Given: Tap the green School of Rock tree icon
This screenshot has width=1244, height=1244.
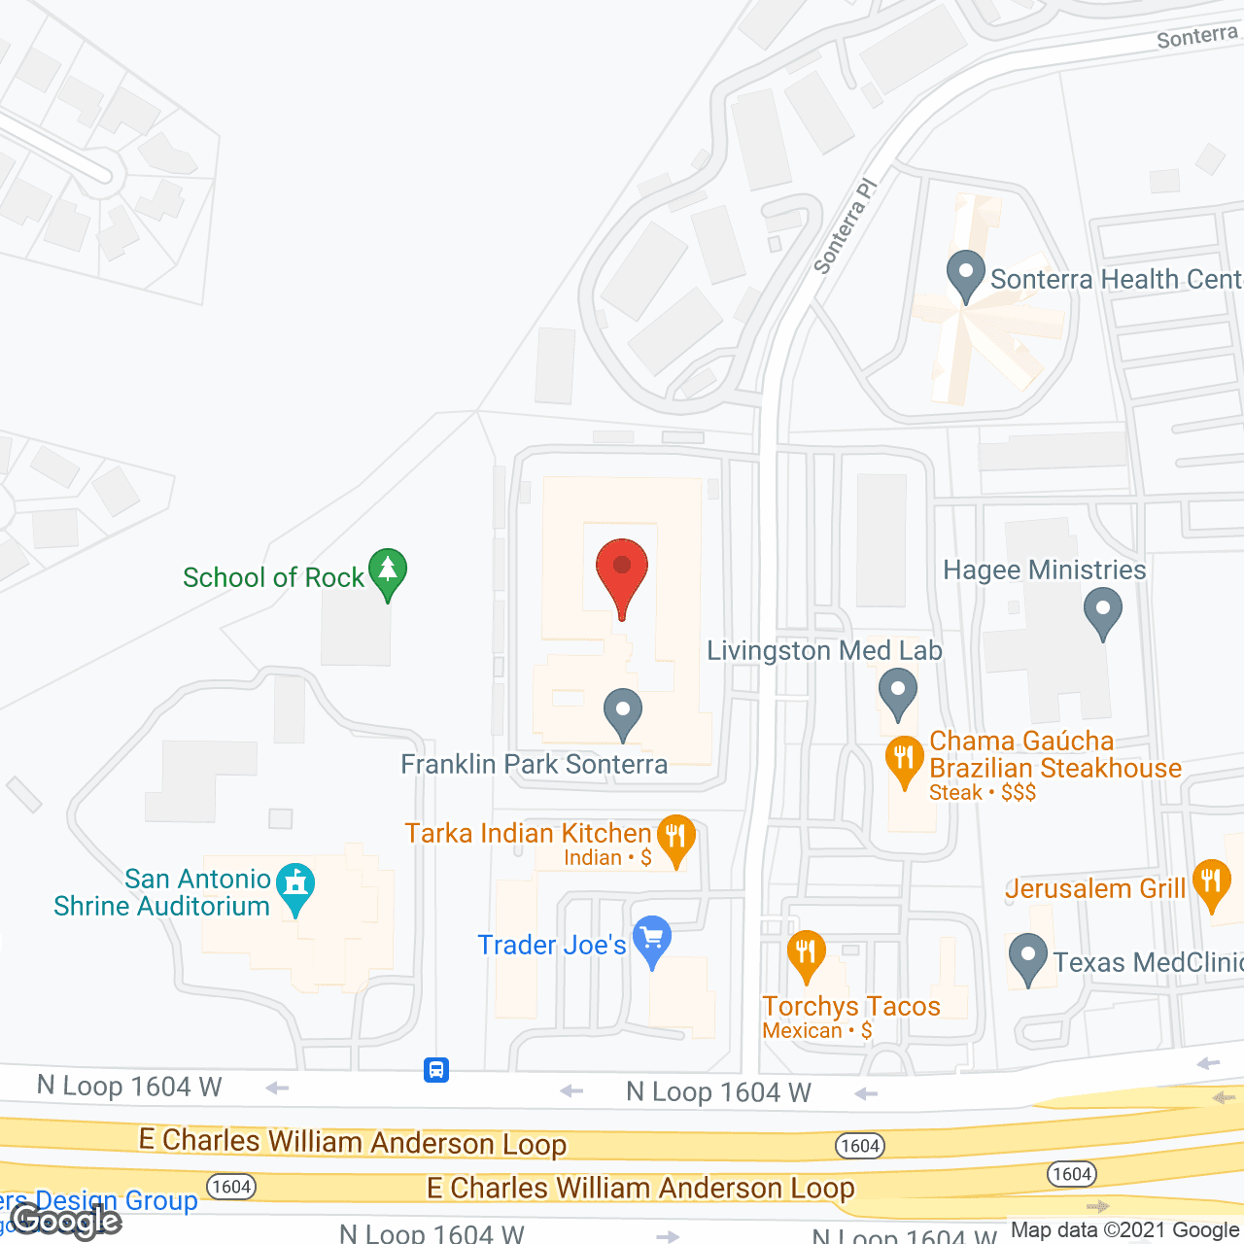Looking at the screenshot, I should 388,572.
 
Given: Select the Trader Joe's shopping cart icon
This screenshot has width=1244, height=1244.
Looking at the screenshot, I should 652,940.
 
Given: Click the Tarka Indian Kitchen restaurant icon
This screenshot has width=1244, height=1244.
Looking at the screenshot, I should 676,838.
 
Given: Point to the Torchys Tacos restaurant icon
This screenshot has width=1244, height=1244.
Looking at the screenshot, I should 806,953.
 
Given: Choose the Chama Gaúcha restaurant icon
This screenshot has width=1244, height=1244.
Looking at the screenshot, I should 905,760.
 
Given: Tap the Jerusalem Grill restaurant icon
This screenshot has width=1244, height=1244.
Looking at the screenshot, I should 1211,882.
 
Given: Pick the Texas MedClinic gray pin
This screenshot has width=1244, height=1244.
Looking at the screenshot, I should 1028,957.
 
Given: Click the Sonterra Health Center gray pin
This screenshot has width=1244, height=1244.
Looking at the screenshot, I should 966,275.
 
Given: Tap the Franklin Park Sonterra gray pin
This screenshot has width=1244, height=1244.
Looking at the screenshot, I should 623,712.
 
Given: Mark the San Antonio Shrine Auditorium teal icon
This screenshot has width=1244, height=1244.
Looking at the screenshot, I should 295,886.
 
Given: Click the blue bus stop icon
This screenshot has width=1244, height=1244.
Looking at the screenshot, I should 436,1070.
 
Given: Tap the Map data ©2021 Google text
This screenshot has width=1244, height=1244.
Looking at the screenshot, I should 1124,1230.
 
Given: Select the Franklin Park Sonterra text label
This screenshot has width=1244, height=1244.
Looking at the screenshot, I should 535,765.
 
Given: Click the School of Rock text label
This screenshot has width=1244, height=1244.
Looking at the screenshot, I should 273,577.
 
